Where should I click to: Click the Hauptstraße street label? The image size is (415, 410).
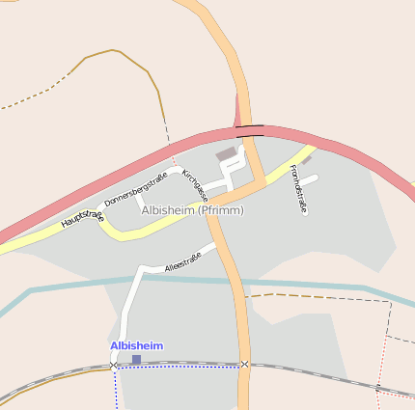[x=82, y=218]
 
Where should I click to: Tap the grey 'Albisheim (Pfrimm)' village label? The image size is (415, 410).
[x=192, y=210]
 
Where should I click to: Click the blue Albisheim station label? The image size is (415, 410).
[x=136, y=345]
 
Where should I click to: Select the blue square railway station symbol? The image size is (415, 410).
[x=136, y=359]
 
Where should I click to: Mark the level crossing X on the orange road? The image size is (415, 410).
[x=244, y=364]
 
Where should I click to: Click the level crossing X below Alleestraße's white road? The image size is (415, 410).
[x=115, y=365]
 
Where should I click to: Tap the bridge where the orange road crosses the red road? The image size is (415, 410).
[x=249, y=127]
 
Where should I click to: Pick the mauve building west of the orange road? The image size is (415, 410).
[x=226, y=153]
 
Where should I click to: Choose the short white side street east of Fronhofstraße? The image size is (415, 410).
[x=310, y=178]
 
